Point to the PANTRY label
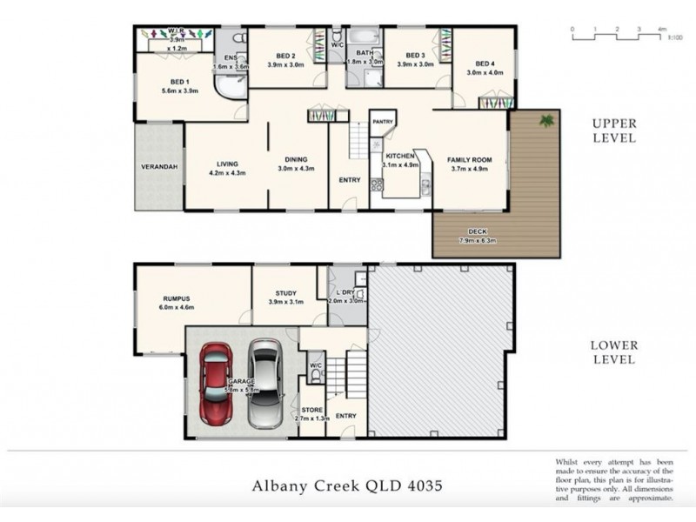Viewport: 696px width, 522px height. (x=383, y=122)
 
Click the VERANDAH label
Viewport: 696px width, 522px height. (x=159, y=166)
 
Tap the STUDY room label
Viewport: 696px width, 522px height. (x=285, y=293)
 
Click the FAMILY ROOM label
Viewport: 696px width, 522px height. (x=470, y=160)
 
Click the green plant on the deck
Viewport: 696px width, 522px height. (x=546, y=121)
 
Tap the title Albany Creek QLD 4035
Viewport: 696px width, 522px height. (x=347, y=485)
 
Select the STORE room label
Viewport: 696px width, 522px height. (x=312, y=409)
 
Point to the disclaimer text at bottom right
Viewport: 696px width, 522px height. (x=613, y=478)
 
